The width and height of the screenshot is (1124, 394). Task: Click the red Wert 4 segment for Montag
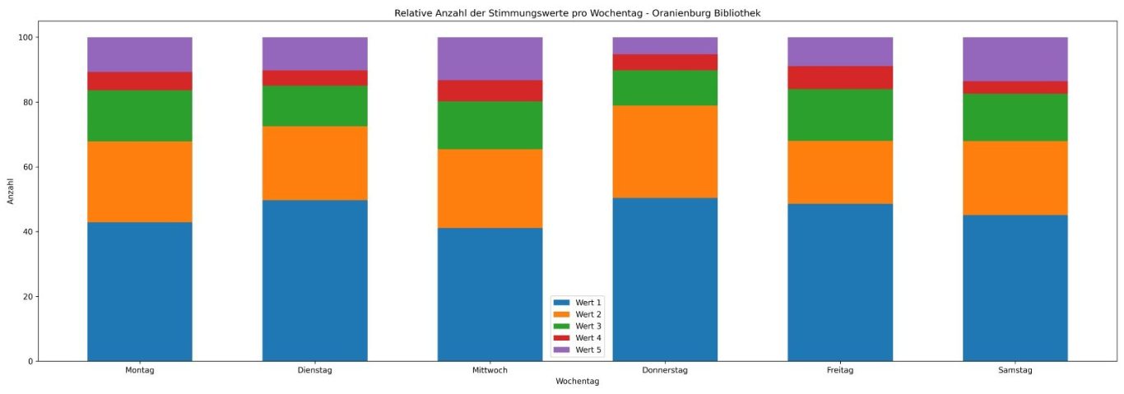tap(140, 81)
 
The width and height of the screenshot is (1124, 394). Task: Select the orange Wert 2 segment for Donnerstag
tap(665, 151)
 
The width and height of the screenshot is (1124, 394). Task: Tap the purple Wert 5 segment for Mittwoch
tap(490, 58)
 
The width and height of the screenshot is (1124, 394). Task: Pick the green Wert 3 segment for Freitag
tap(840, 114)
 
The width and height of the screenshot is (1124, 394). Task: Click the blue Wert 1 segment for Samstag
tap(1015, 288)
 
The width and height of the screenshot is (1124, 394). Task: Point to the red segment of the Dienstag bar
tap(315, 78)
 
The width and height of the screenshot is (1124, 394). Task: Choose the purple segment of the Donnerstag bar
tap(665, 45)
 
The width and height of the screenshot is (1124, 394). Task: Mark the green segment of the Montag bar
tap(140, 115)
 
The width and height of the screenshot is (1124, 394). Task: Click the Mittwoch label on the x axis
tap(490, 370)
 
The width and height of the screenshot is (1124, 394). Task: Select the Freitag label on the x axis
tap(840, 370)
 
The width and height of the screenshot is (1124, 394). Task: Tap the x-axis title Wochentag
tap(578, 382)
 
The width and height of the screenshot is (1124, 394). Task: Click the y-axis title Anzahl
tap(11, 191)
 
